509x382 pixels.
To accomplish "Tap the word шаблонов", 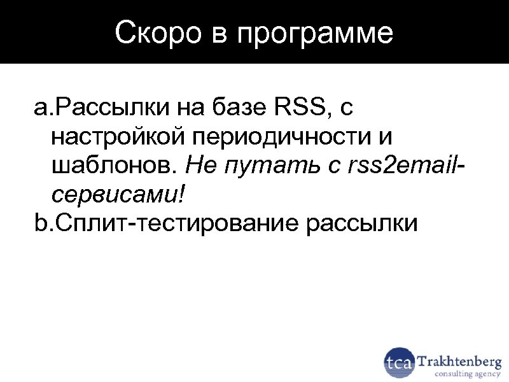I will (x=110, y=166).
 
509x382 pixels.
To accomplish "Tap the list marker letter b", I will (x=40, y=223).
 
